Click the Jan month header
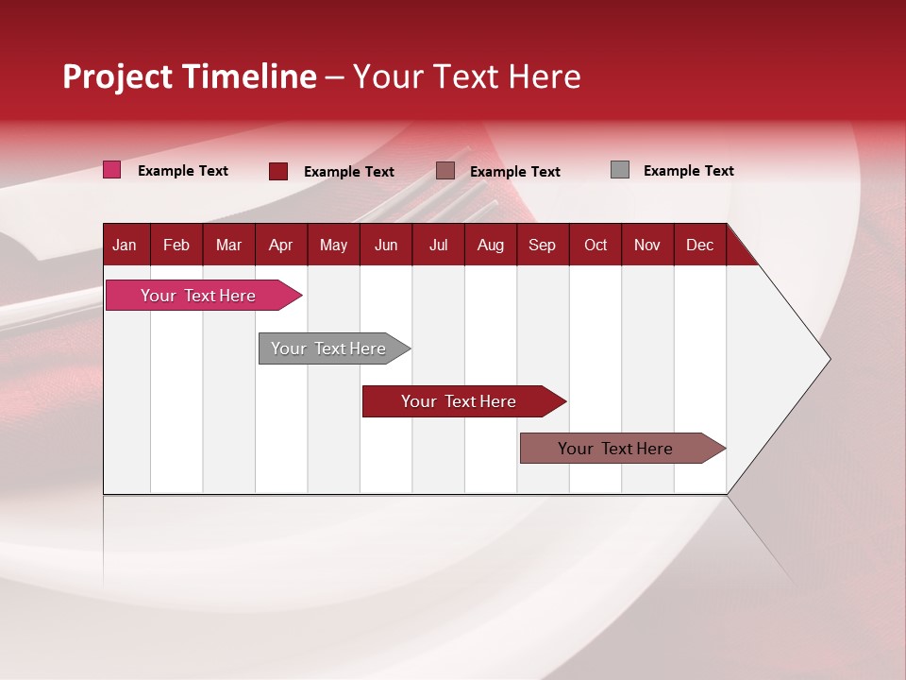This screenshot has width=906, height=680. coord(125,245)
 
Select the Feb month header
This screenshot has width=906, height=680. coord(176,245)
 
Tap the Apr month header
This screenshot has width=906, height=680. coord(280,245)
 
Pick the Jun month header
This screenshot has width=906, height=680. coord(386,245)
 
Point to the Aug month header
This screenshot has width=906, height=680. coord(490,245)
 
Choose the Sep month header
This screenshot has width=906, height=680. coord(542,245)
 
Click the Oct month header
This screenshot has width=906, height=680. coord(596,245)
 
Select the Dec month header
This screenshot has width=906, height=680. coord(699,245)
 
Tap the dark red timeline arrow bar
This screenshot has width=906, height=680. coord(460,401)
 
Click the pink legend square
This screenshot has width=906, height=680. coord(112,170)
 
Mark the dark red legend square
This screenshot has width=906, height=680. coord(278,171)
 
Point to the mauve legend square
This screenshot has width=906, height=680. coord(445,171)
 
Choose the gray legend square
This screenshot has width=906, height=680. coord(620,170)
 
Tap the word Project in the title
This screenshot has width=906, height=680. coord(117,76)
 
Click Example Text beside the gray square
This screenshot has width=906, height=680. coord(688,171)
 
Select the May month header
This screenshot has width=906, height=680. coord(333,245)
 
